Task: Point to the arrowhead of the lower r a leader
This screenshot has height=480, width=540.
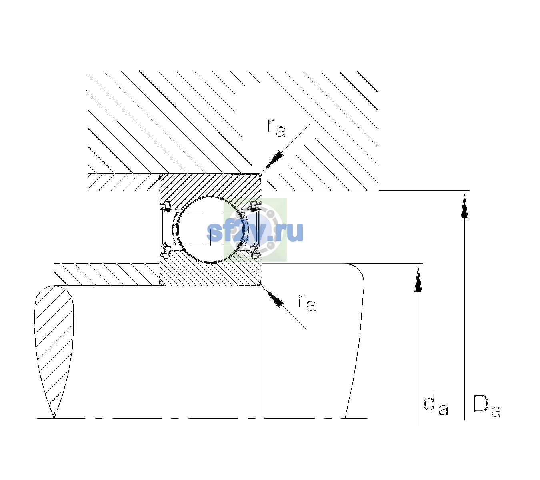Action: (x=273, y=297)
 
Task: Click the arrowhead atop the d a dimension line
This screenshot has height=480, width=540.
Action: (x=418, y=279)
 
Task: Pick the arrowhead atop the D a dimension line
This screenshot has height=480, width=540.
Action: (x=464, y=206)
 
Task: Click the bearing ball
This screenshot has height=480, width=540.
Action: (x=210, y=230)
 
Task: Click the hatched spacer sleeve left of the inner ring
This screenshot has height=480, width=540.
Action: (x=107, y=274)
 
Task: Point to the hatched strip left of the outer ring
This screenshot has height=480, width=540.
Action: (x=123, y=182)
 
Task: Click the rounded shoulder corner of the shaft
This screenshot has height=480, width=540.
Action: (x=357, y=270)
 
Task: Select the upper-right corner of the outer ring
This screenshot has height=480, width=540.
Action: (x=261, y=174)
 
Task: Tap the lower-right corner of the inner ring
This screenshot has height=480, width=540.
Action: (x=261, y=285)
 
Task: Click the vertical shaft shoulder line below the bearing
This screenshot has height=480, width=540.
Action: (x=261, y=364)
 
